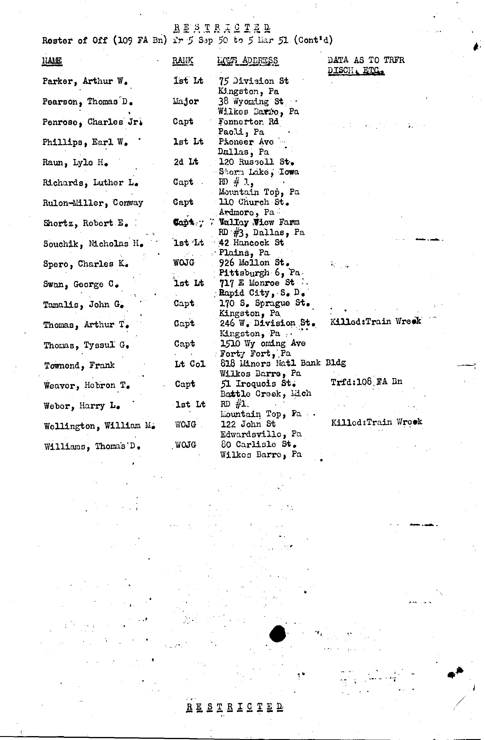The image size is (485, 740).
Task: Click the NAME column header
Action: [x=52, y=60]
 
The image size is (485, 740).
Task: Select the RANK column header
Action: [x=183, y=60]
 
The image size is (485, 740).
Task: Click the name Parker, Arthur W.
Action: [x=85, y=81]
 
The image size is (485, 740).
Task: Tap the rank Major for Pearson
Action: [x=186, y=101]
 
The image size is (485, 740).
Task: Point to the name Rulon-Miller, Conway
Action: [x=93, y=203]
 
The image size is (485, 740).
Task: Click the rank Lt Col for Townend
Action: [x=190, y=364]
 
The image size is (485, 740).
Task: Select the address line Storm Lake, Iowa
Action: [x=259, y=172]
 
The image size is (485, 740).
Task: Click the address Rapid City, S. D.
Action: [x=262, y=293]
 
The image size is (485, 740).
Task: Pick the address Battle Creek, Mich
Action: [x=266, y=394]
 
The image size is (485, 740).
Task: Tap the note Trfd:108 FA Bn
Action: [x=366, y=382]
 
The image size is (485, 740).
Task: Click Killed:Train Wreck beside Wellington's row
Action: [x=376, y=422]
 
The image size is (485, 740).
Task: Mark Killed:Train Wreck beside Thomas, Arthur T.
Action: [x=376, y=321]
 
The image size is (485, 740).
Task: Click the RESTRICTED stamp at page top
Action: [x=222, y=28]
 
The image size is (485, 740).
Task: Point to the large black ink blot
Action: [x=277, y=634]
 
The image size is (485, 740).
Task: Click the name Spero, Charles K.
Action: [x=86, y=264]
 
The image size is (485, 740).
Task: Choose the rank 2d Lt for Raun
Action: [x=186, y=162]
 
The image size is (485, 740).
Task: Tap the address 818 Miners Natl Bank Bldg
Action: [x=283, y=363]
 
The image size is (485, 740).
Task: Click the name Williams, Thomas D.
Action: [x=92, y=446]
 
